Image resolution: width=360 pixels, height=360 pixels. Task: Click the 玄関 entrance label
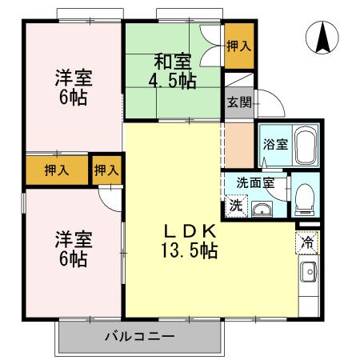coord(238,102)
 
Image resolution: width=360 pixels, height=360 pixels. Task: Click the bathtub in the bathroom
coord(305,146)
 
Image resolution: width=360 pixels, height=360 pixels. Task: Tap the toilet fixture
coord(305,197)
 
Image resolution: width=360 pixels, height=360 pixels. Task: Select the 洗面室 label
coord(254,182)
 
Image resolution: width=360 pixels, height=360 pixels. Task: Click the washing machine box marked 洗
coord(236,205)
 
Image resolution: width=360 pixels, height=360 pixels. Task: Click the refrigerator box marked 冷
coord(308,241)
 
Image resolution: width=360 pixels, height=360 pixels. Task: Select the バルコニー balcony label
coord(139,337)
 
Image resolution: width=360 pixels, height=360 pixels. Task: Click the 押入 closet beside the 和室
coord(238,46)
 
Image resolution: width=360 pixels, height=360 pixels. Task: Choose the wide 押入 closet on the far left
coord(56,170)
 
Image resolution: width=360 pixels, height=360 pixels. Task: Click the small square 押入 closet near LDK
coord(106,170)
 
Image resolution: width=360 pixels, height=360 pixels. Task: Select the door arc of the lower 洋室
coord(110,198)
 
